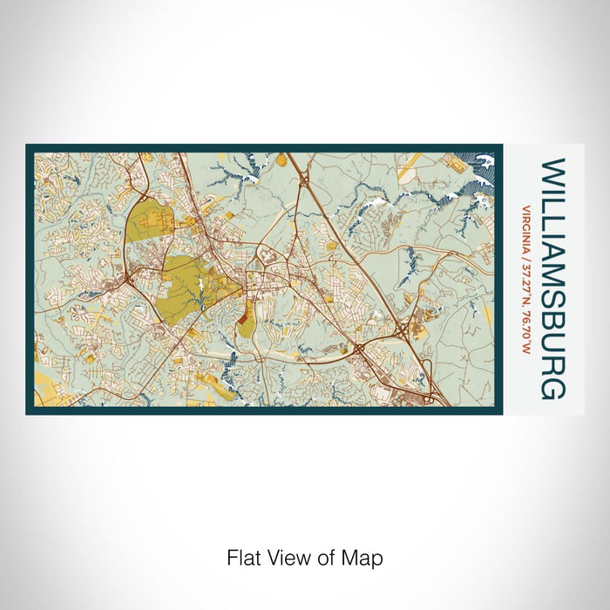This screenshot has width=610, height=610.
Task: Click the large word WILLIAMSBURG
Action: [552, 278]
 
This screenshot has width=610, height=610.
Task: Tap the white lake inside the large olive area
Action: [201, 285]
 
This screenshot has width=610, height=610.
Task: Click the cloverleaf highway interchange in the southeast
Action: [402, 329]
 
